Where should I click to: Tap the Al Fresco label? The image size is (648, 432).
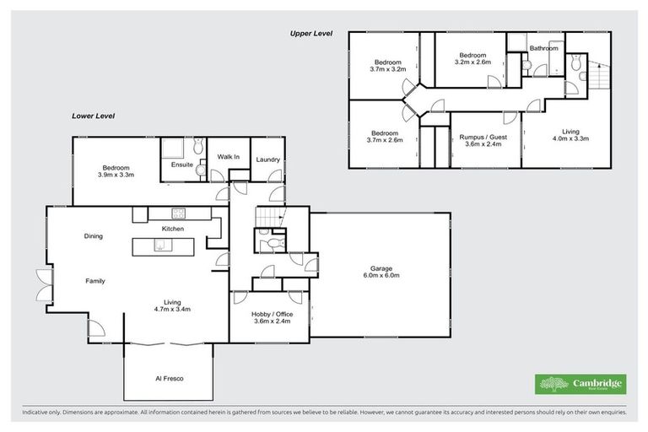click(x=169, y=378)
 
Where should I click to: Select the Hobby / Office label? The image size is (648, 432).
click(x=271, y=313)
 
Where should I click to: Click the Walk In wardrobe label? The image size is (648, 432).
click(x=229, y=157)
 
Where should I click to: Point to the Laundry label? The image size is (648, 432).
click(x=267, y=159)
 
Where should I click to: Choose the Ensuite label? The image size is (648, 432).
click(x=182, y=164)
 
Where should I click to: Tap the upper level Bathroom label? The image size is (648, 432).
click(x=544, y=48)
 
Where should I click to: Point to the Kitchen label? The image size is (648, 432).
click(x=173, y=229)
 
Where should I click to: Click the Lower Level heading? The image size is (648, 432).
click(x=92, y=116)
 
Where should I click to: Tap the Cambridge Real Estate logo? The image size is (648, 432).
click(x=580, y=384)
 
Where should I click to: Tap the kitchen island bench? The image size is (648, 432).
click(x=163, y=246)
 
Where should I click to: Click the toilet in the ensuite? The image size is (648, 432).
click(x=200, y=170)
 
